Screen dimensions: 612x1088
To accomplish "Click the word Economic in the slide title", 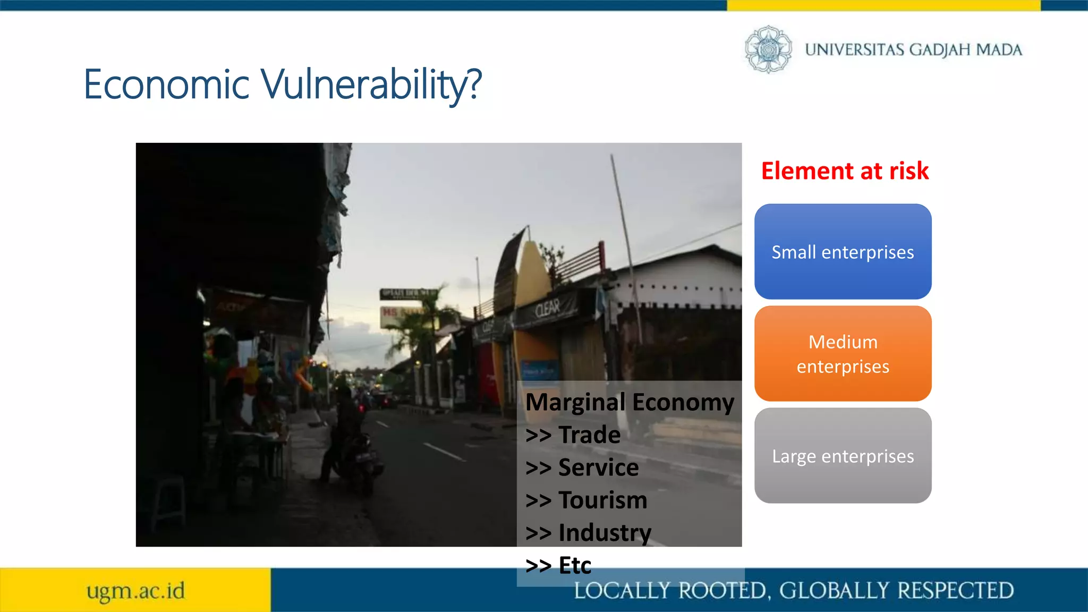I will click(x=166, y=85).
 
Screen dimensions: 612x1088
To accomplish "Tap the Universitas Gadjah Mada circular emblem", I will click(x=768, y=49).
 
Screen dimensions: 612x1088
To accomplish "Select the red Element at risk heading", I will click(x=845, y=171).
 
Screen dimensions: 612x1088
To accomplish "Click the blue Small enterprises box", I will click(x=843, y=252).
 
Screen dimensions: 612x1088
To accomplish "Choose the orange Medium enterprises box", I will click(x=843, y=354).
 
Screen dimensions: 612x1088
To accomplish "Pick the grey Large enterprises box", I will click(x=843, y=456).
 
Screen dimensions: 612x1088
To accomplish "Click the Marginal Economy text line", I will click(x=630, y=402).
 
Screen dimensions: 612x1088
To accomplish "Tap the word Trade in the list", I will click(x=589, y=435).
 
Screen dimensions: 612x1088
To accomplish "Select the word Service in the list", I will click(x=598, y=467).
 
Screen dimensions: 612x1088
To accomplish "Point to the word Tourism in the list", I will click(x=603, y=500).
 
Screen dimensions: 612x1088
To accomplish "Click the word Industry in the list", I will click(x=605, y=533).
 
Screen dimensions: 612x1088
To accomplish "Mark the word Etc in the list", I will click(x=575, y=565).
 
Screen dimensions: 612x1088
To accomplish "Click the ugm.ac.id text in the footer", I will click(x=136, y=591).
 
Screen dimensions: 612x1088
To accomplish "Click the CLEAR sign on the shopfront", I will click(x=547, y=308).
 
